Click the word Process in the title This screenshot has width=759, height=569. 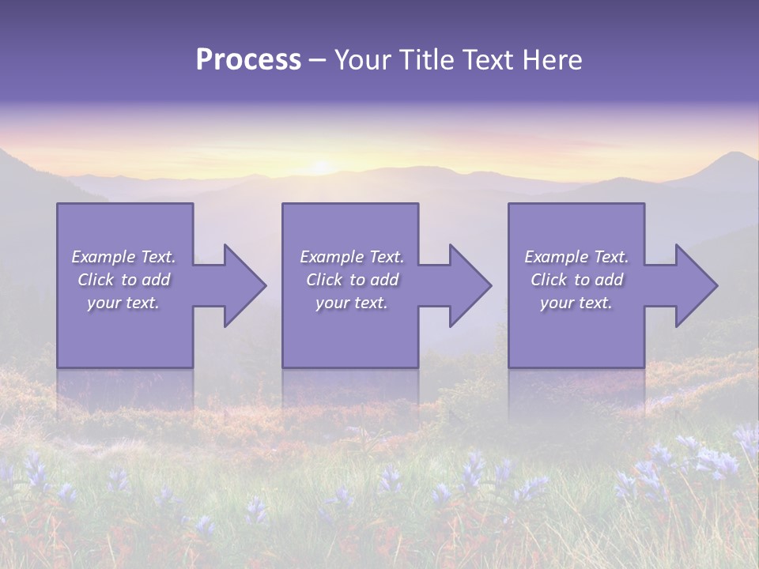(248, 60)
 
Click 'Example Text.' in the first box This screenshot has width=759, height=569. (123, 257)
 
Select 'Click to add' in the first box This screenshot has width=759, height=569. (123, 280)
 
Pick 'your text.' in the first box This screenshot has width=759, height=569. (123, 303)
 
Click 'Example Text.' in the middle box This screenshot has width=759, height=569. (352, 257)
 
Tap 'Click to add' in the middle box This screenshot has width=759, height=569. (352, 280)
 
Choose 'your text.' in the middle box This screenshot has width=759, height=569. (352, 303)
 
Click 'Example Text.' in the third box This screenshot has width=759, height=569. (576, 257)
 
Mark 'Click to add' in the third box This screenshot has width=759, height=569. (576, 280)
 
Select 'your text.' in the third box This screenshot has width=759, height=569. (576, 303)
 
